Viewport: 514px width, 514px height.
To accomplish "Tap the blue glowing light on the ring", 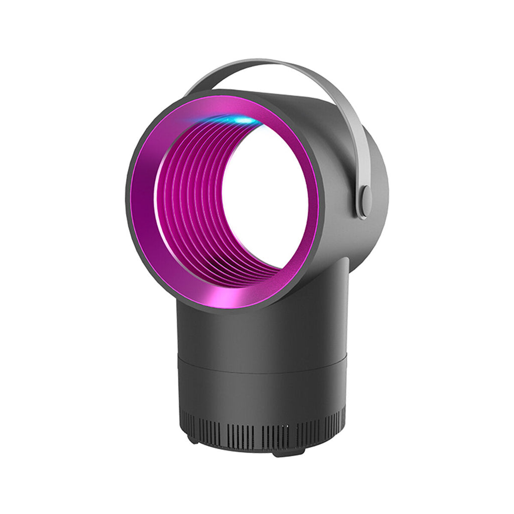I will [x=241, y=120].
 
